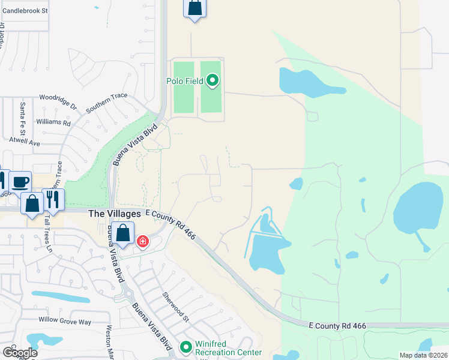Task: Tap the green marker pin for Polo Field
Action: [212, 80]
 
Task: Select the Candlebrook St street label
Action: [25, 11]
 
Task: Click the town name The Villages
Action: [114, 214]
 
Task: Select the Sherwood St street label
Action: [175, 307]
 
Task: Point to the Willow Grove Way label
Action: [65, 322]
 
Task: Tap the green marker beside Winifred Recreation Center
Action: [186, 347]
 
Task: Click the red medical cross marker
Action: [143, 242]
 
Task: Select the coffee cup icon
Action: [20, 181]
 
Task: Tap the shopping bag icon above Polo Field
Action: [194, 8]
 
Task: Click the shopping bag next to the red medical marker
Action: [123, 233]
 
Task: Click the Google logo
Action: [19, 353]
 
